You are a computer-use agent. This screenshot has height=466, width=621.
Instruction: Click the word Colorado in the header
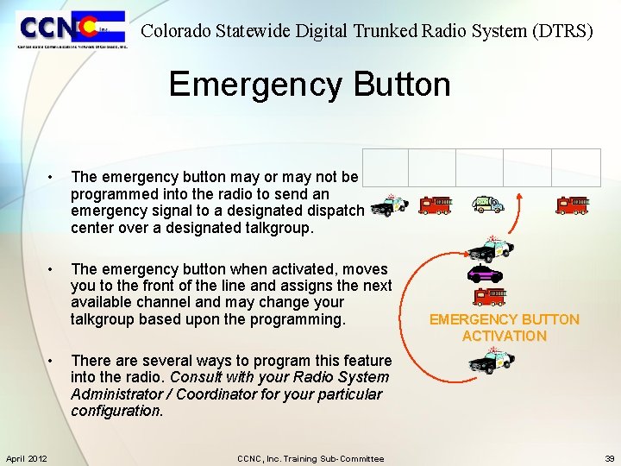tap(175, 31)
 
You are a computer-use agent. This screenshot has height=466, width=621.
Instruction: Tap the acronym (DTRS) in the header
tap(563, 31)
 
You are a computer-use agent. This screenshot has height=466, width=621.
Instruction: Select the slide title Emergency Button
tap(310, 85)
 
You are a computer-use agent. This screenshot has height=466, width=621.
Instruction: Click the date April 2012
tap(26, 458)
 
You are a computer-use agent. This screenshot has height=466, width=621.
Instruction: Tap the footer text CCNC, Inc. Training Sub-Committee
tap(310, 458)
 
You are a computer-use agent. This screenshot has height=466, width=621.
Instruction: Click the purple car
tap(484, 275)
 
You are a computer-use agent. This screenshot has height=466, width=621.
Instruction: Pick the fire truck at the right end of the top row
tap(572, 205)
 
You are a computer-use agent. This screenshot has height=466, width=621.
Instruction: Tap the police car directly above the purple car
tap(490, 249)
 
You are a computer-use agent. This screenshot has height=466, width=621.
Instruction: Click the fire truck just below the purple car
tap(490, 297)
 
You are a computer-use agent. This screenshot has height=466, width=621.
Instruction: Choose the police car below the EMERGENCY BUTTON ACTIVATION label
tap(492, 361)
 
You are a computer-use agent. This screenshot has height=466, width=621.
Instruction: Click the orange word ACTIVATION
tap(504, 336)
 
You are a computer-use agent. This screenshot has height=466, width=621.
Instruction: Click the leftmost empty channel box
tap(385, 167)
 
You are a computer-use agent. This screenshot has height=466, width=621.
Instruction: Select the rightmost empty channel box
tap(575, 167)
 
